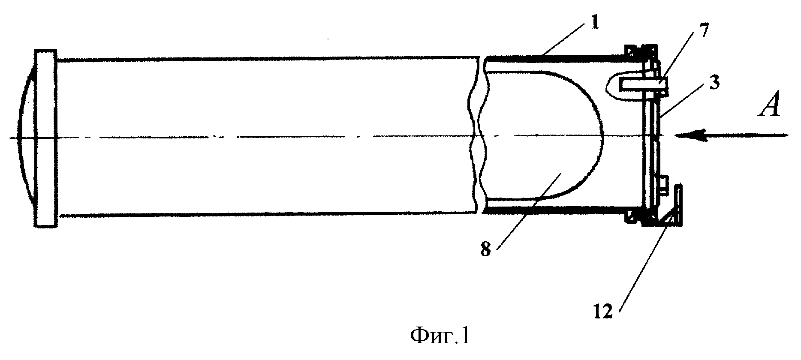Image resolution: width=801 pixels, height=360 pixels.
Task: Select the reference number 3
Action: tap(712, 84)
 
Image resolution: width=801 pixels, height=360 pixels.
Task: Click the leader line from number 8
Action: tap(517, 221)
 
